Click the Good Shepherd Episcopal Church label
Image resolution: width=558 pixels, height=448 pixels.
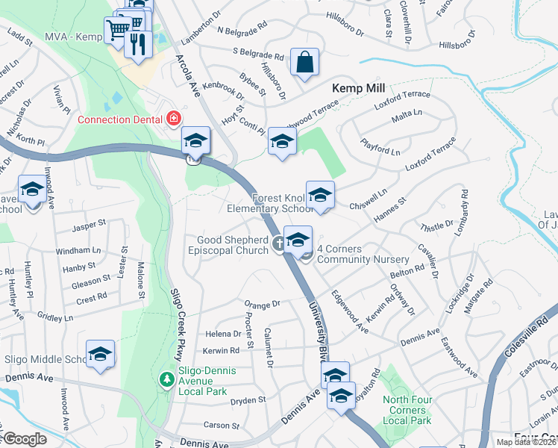point(232,245)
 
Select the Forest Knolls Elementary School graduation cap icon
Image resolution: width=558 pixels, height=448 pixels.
point(320,196)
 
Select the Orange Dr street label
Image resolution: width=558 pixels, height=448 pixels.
point(262,305)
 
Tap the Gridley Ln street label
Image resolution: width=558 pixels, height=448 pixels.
point(55,318)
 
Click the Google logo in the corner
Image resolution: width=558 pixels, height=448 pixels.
point(24,439)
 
